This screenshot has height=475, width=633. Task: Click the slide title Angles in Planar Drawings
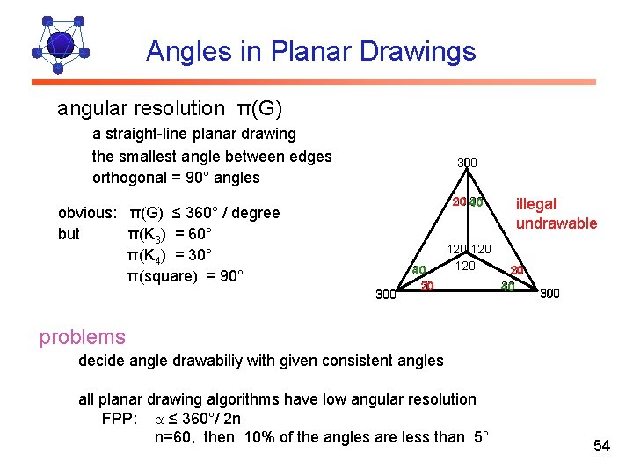click(x=310, y=51)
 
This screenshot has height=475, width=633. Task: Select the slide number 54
click(x=601, y=446)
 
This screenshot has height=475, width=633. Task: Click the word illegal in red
click(x=535, y=204)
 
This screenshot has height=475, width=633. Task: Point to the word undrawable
click(x=556, y=223)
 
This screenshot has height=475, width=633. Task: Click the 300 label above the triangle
click(x=468, y=163)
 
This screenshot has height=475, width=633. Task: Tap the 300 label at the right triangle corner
click(x=549, y=294)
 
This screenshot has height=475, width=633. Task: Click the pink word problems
click(x=82, y=337)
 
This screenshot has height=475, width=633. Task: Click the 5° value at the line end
click(x=479, y=438)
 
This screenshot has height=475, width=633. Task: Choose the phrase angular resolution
click(x=141, y=109)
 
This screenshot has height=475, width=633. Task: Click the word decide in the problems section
click(x=101, y=360)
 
